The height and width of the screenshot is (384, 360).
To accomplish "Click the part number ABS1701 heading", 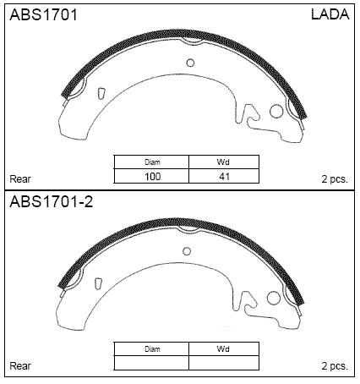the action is [x=43, y=14].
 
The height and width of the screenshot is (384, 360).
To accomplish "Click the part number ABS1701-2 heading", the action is [x=51, y=201].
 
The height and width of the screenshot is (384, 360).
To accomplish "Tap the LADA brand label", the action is [x=330, y=14].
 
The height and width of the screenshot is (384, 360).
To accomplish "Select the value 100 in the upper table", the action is [x=152, y=177].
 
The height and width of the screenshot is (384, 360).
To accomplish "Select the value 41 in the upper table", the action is [x=224, y=177].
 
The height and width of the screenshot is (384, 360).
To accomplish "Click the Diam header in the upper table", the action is [x=152, y=162].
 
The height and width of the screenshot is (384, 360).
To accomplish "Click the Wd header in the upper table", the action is [x=223, y=162].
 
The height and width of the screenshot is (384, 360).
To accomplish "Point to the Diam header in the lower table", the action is [x=152, y=349].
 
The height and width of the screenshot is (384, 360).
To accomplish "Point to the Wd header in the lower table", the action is [x=223, y=349].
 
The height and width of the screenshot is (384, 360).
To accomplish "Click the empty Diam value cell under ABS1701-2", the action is [x=151, y=363].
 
